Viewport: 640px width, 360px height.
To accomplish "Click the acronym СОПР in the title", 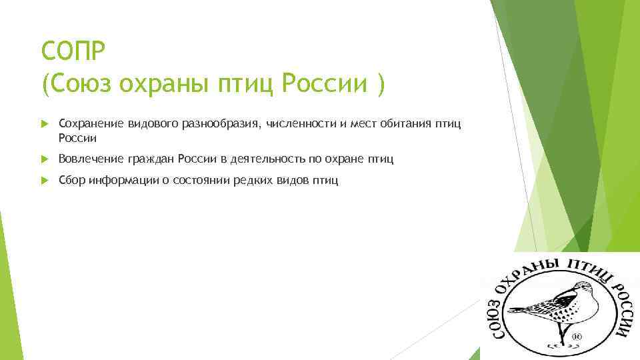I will click(x=69, y=50).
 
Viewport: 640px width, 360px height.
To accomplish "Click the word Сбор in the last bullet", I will click(x=71, y=180).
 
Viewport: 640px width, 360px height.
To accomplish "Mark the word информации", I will click(x=123, y=180).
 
